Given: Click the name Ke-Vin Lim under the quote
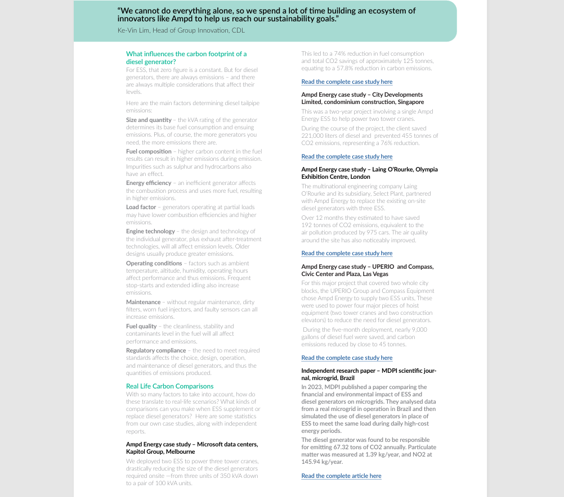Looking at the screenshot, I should [133, 30].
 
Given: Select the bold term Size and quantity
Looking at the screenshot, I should [149, 120].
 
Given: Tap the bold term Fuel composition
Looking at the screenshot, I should [149, 151].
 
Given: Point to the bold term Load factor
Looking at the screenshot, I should [141, 207].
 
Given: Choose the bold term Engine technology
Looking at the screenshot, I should [150, 231].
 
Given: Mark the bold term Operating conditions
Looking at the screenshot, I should [154, 263].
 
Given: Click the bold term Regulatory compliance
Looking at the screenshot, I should [156, 350].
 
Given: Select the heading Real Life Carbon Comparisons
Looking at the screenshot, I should [169, 386].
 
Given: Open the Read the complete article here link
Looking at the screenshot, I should [341, 476].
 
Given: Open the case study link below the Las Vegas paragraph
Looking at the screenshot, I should [347, 358].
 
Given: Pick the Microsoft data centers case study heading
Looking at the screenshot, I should [192, 448].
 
